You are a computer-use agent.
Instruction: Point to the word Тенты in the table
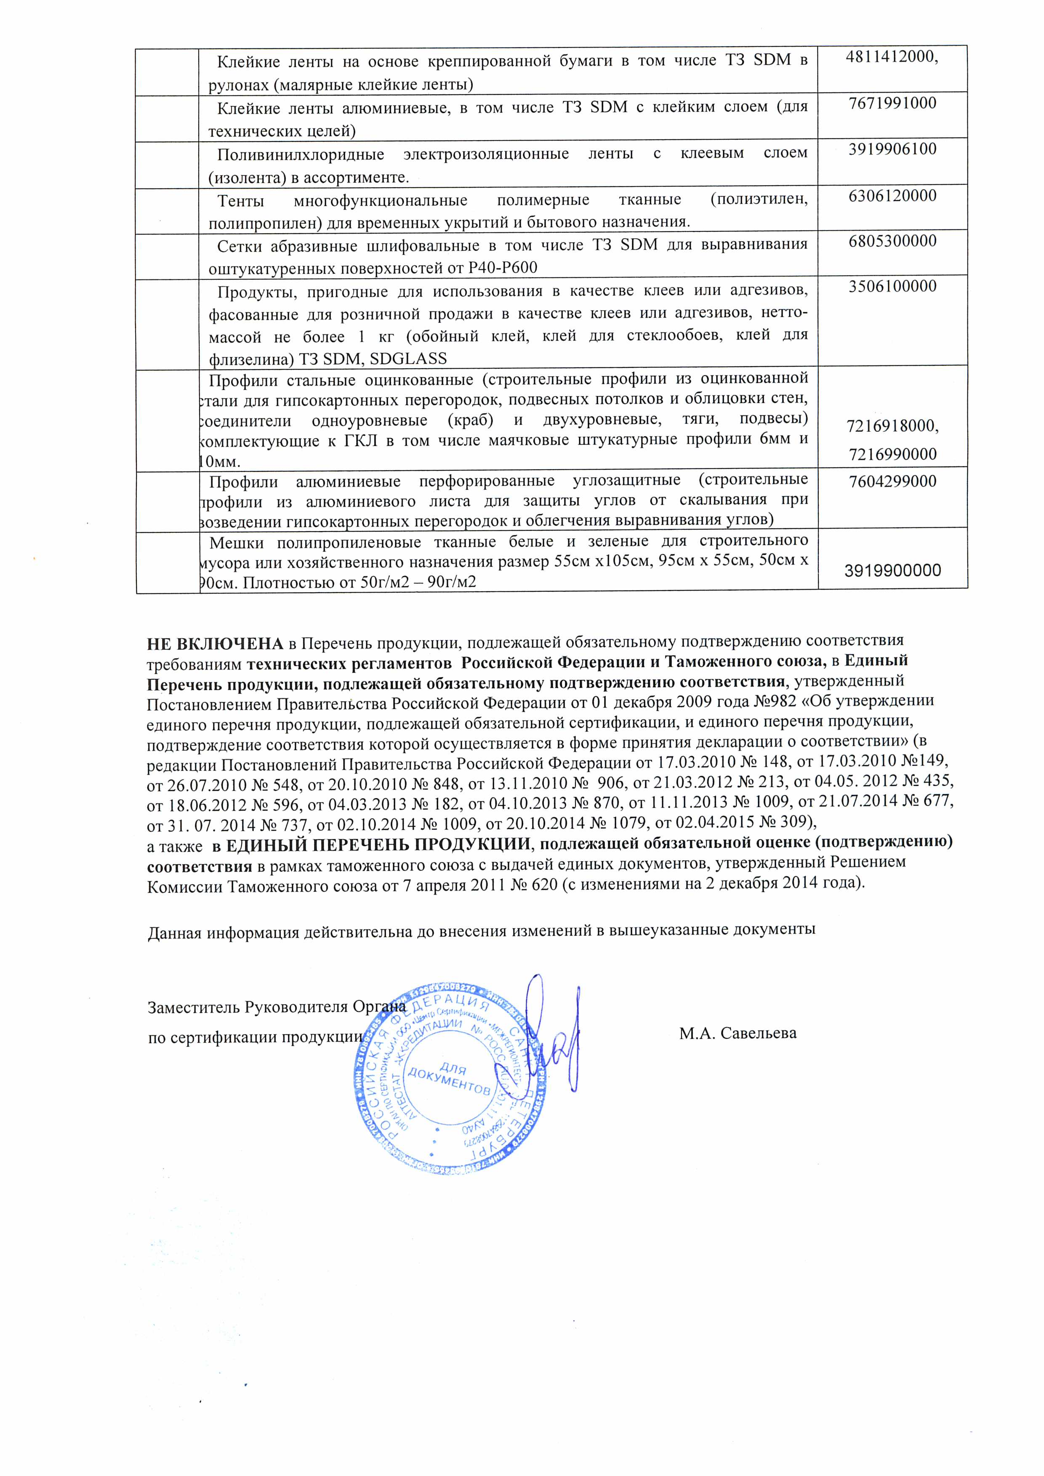click(x=241, y=201)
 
